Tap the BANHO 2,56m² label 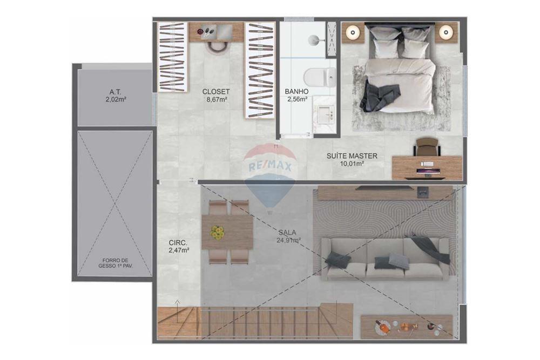(x=296, y=96)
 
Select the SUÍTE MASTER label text (x=352, y=159)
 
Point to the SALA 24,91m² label (x=288, y=236)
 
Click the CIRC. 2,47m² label (x=178, y=247)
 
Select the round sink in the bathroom (x=315, y=39)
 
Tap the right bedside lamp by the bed (x=444, y=32)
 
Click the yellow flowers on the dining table (x=217, y=233)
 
